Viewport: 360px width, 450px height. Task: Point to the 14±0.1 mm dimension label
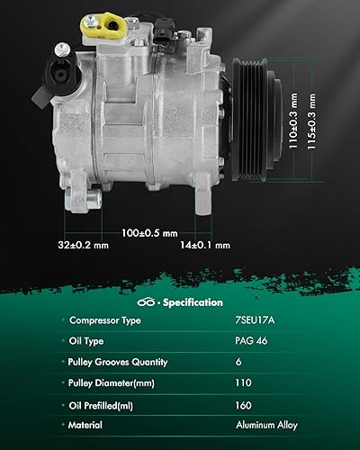pyautogui.click(x=205, y=243)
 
